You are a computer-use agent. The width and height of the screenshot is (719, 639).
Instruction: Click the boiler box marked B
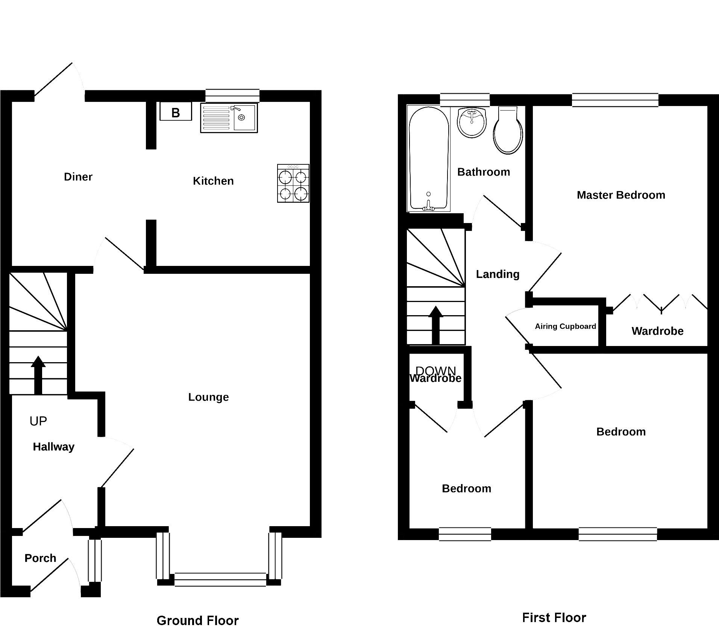(176, 112)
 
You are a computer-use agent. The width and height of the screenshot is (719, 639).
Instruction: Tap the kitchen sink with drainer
(229, 118)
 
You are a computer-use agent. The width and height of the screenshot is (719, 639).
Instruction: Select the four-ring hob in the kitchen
(293, 184)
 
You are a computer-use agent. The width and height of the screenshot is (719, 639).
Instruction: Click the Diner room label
(78, 177)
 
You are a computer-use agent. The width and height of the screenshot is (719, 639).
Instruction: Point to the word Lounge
(208, 397)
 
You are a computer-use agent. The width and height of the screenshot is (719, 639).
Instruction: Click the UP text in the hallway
(38, 421)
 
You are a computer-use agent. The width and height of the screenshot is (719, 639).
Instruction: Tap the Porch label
(40, 558)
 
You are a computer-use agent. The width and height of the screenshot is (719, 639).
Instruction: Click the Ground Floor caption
(197, 621)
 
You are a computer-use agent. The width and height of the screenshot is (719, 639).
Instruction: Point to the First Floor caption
(554, 618)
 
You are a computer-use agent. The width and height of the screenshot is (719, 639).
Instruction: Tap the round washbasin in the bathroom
(472, 122)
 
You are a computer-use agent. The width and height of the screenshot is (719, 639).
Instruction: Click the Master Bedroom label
(621, 195)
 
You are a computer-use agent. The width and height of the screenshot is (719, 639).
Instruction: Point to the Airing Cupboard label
(565, 326)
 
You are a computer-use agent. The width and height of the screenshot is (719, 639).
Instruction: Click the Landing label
(498, 274)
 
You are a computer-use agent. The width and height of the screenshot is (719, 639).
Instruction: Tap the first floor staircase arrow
(435, 325)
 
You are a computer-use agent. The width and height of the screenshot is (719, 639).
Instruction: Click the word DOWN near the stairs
(435, 371)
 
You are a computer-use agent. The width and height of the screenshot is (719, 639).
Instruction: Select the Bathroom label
(484, 172)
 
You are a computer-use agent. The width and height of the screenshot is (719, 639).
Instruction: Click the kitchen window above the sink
(232, 96)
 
